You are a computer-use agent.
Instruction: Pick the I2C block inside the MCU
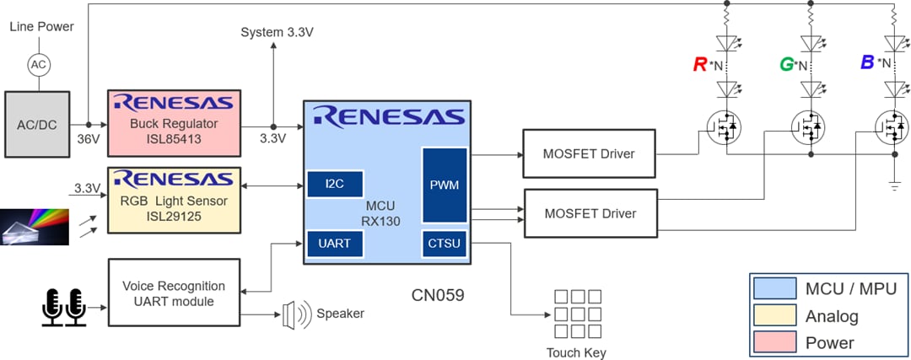pyautogui.click(x=335, y=183)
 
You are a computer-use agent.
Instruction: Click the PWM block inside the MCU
pyautogui.click(x=445, y=183)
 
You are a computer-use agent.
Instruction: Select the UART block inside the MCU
pyautogui.click(x=335, y=243)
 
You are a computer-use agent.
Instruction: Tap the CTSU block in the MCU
pyautogui.click(x=445, y=244)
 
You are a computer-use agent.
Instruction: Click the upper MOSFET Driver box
pyautogui.click(x=589, y=153)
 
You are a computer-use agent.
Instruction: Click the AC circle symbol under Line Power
pyautogui.click(x=37, y=64)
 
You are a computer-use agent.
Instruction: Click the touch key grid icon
pyautogui.click(x=577, y=314)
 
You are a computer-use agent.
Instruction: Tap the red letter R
pyautogui.click(x=699, y=64)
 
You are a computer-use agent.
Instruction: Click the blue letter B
pyautogui.click(x=866, y=62)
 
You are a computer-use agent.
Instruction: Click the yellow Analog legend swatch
pyautogui.click(x=775, y=316)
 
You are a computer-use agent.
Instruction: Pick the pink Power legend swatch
pyautogui.click(x=775, y=342)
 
